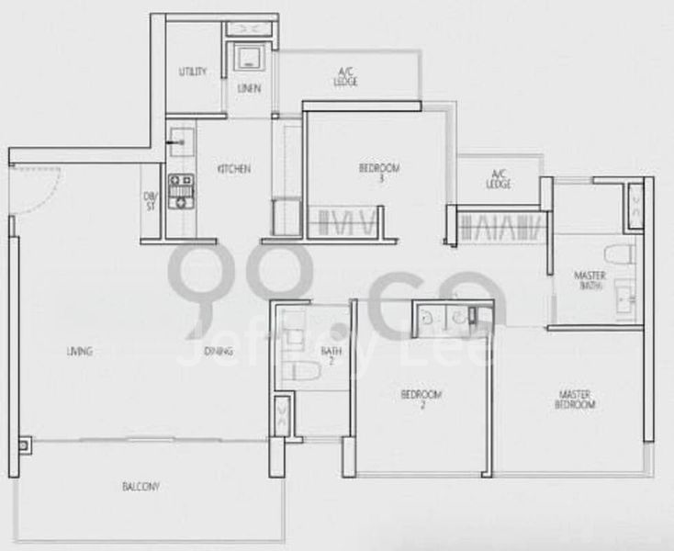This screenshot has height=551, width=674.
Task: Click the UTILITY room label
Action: pos(193,72)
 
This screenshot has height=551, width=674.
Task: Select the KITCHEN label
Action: pos(233,169)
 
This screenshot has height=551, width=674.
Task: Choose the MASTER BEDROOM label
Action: pos(577,399)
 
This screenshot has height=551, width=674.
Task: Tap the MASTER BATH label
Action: pos(590,279)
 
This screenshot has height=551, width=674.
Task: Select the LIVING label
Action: pos(80,351)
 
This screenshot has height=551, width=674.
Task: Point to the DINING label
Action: pos(219,351)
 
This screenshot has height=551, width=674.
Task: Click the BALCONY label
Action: pos(140,487)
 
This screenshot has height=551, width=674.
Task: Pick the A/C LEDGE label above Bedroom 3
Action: pos(347,78)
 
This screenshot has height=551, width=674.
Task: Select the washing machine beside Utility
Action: pos(248,58)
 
